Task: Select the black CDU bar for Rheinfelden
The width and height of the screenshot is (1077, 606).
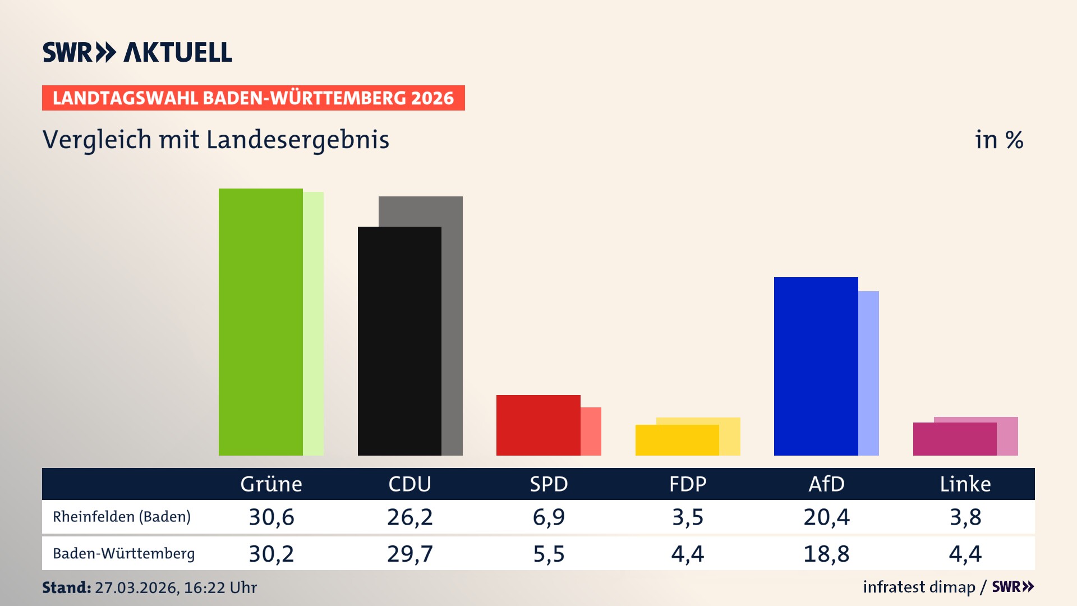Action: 399,341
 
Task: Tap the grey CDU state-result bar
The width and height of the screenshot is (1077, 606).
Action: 452,325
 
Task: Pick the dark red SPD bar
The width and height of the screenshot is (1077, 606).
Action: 538,425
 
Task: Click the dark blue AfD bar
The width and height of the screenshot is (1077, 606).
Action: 816,366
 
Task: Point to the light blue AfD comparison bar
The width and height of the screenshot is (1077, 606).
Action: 868,373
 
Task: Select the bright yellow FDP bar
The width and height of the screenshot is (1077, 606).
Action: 677,440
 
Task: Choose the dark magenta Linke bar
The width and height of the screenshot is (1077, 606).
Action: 955,439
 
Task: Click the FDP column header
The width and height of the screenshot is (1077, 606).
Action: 688,484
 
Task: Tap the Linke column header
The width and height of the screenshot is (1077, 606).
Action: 965,484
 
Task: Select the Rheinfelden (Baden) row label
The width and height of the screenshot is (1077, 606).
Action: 122,516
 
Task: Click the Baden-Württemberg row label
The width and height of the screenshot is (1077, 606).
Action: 123,553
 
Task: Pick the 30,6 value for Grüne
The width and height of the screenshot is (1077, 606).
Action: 271,517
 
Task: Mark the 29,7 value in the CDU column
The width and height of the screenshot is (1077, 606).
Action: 410,554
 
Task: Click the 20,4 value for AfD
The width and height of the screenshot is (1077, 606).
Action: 826,517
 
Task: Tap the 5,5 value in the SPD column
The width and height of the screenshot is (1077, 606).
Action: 549,554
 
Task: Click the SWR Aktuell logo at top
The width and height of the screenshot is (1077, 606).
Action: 137,52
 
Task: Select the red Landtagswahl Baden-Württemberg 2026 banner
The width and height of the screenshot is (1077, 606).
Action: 253,98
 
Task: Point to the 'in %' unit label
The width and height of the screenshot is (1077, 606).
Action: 998,140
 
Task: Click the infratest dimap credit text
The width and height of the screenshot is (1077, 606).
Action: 919,587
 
